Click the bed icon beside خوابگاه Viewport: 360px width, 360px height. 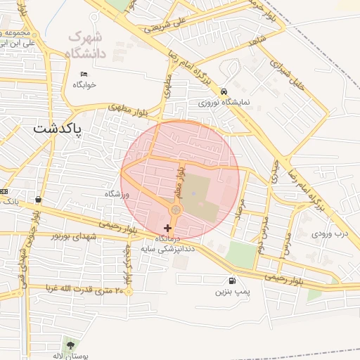coord(84,75)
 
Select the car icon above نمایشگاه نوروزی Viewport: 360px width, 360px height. coord(224,91)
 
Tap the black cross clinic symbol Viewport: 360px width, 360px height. coord(167,228)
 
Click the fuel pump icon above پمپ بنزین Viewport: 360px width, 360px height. coord(233,280)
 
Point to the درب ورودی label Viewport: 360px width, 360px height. coord(330,232)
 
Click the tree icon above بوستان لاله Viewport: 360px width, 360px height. coord(70,344)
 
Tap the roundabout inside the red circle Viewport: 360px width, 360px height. coord(176,210)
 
